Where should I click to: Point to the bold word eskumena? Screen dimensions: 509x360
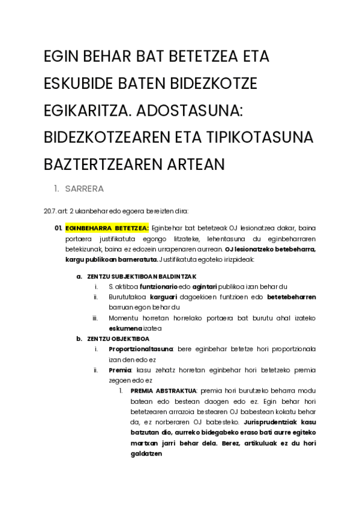pos(125,328)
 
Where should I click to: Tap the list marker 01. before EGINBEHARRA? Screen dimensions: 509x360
pos(58,228)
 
